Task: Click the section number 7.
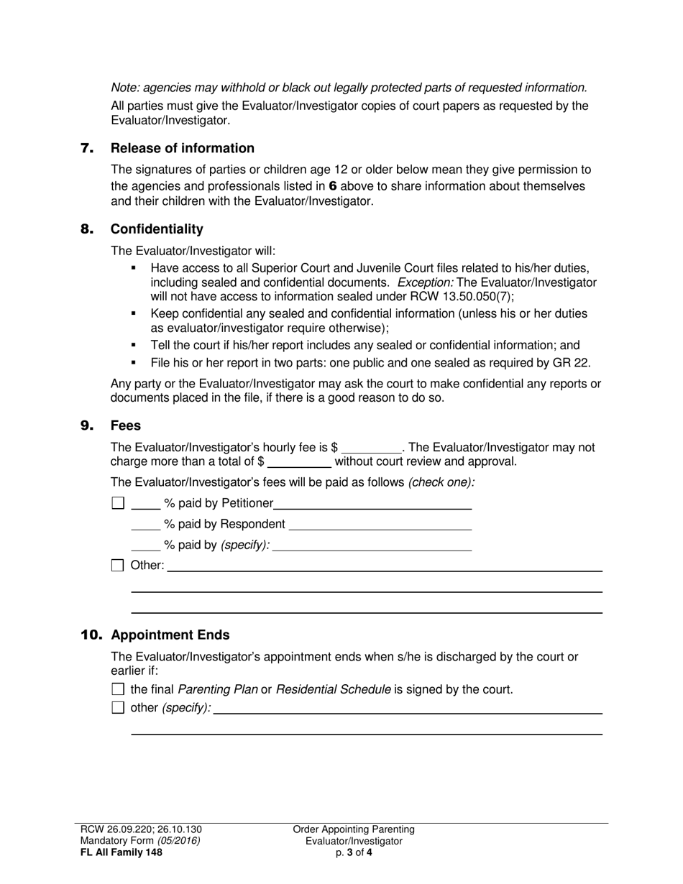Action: pyautogui.click(x=86, y=149)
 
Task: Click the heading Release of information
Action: pyautogui.click(x=182, y=149)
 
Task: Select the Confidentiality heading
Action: pyautogui.click(x=157, y=229)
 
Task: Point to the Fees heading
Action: pyautogui.click(x=126, y=425)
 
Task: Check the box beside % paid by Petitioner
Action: pyautogui.click(x=118, y=503)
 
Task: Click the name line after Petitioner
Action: pyautogui.click(x=372, y=505)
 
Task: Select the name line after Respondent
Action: pyautogui.click(x=380, y=525)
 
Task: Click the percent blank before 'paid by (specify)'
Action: pyautogui.click(x=146, y=546)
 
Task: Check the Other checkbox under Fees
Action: pyautogui.click(x=118, y=566)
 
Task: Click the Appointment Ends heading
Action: pyautogui.click(x=170, y=635)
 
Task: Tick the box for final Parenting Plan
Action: pyautogui.click(x=118, y=690)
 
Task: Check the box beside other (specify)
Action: pyautogui.click(x=118, y=708)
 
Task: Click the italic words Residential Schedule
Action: pyautogui.click(x=333, y=690)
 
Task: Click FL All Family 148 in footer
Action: pyautogui.click(x=121, y=853)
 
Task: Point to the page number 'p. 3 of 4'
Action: pyautogui.click(x=354, y=853)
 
